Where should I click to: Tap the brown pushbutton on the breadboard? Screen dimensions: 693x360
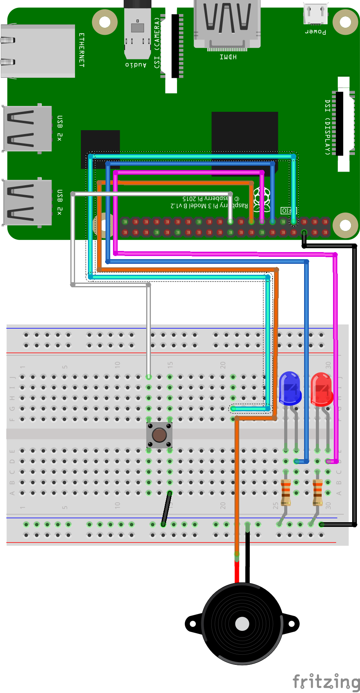(x=159, y=435)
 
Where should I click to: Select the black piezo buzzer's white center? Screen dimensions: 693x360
(x=242, y=624)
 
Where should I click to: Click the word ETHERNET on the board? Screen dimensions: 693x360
(x=82, y=50)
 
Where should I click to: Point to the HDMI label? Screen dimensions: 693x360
(x=228, y=57)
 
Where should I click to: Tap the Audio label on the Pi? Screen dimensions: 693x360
(x=136, y=64)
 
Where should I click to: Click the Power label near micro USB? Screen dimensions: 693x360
(x=315, y=31)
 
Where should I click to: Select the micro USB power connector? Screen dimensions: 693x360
(x=316, y=14)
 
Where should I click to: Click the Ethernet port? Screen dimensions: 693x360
(x=38, y=51)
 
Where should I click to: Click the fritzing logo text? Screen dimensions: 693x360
(x=326, y=681)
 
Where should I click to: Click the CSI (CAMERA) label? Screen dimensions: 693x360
(x=157, y=43)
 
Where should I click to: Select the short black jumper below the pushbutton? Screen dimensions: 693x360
(x=167, y=508)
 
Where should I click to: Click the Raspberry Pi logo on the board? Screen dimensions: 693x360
(x=262, y=198)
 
